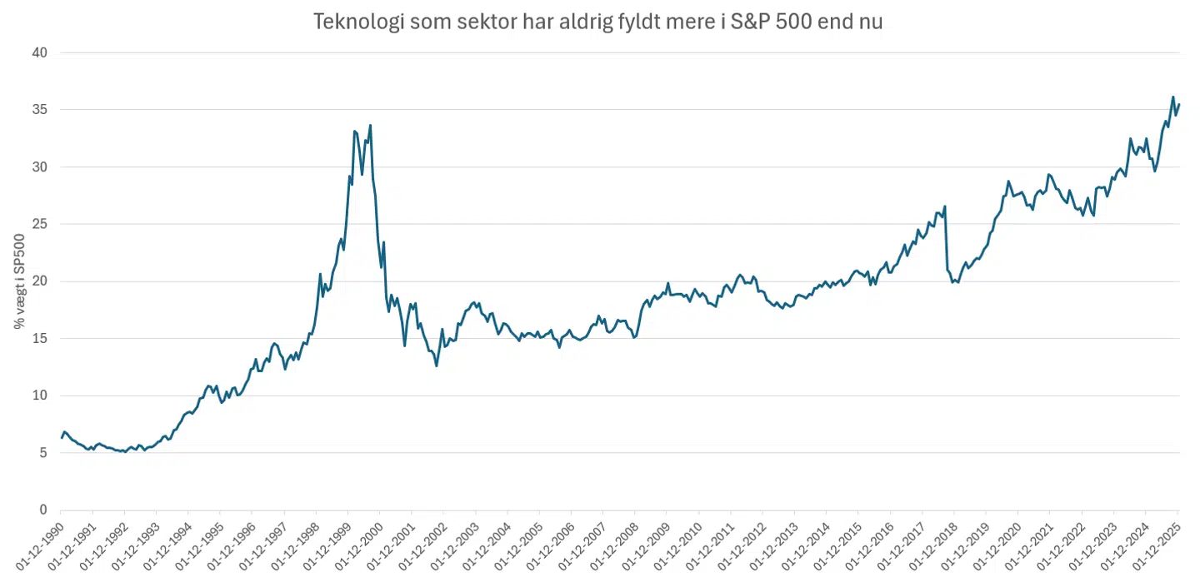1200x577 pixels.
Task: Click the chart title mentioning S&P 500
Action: pyautogui.click(x=597, y=22)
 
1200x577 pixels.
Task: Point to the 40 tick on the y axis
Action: pyautogui.click(x=40, y=52)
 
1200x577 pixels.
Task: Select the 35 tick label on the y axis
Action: pyautogui.click(x=40, y=110)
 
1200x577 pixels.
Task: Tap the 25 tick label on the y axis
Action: pyautogui.click(x=40, y=224)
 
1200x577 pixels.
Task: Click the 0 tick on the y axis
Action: pyautogui.click(x=43, y=510)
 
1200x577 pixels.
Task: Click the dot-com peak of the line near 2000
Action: pyautogui.click(x=370, y=126)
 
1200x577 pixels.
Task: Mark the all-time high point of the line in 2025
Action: pyautogui.click(x=1172, y=97)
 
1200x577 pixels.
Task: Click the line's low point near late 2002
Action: pyautogui.click(x=436, y=366)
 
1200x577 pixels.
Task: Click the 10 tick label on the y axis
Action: pyautogui.click(x=40, y=395)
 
